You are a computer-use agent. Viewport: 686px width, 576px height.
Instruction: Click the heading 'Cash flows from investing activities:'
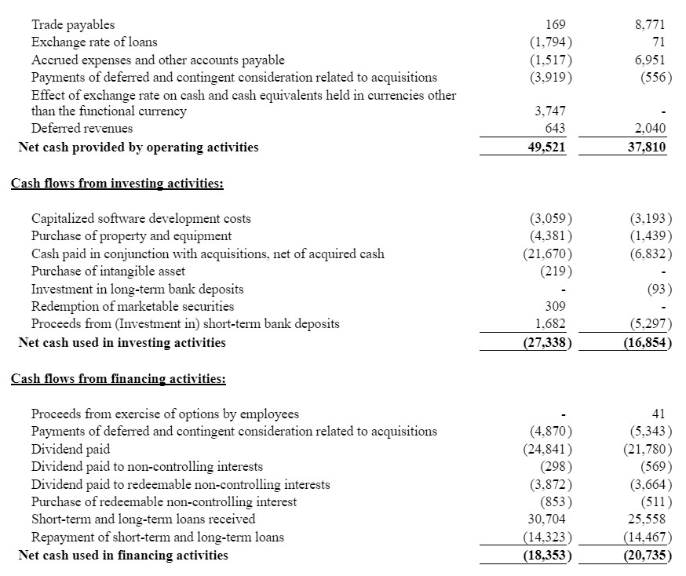click(117, 184)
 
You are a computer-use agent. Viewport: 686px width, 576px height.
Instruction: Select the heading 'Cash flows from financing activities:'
click(119, 379)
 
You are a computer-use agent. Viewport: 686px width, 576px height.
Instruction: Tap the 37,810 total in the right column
click(647, 148)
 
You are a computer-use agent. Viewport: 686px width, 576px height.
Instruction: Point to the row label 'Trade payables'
click(73, 25)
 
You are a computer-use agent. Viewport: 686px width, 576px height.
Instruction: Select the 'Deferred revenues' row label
click(82, 128)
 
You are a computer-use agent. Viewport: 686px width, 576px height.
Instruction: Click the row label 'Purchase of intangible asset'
click(108, 272)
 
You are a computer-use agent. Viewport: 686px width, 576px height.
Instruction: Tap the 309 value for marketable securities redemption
click(555, 307)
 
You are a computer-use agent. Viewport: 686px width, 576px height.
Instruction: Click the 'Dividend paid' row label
click(71, 450)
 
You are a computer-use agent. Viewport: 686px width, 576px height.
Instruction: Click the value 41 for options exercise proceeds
click(658, 414)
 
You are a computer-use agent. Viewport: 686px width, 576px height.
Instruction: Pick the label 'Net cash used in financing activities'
click(123, 556)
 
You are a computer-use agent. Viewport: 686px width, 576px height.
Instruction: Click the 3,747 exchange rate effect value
click(549, 111)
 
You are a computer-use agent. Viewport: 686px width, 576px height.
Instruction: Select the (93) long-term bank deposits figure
click(656, 290)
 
